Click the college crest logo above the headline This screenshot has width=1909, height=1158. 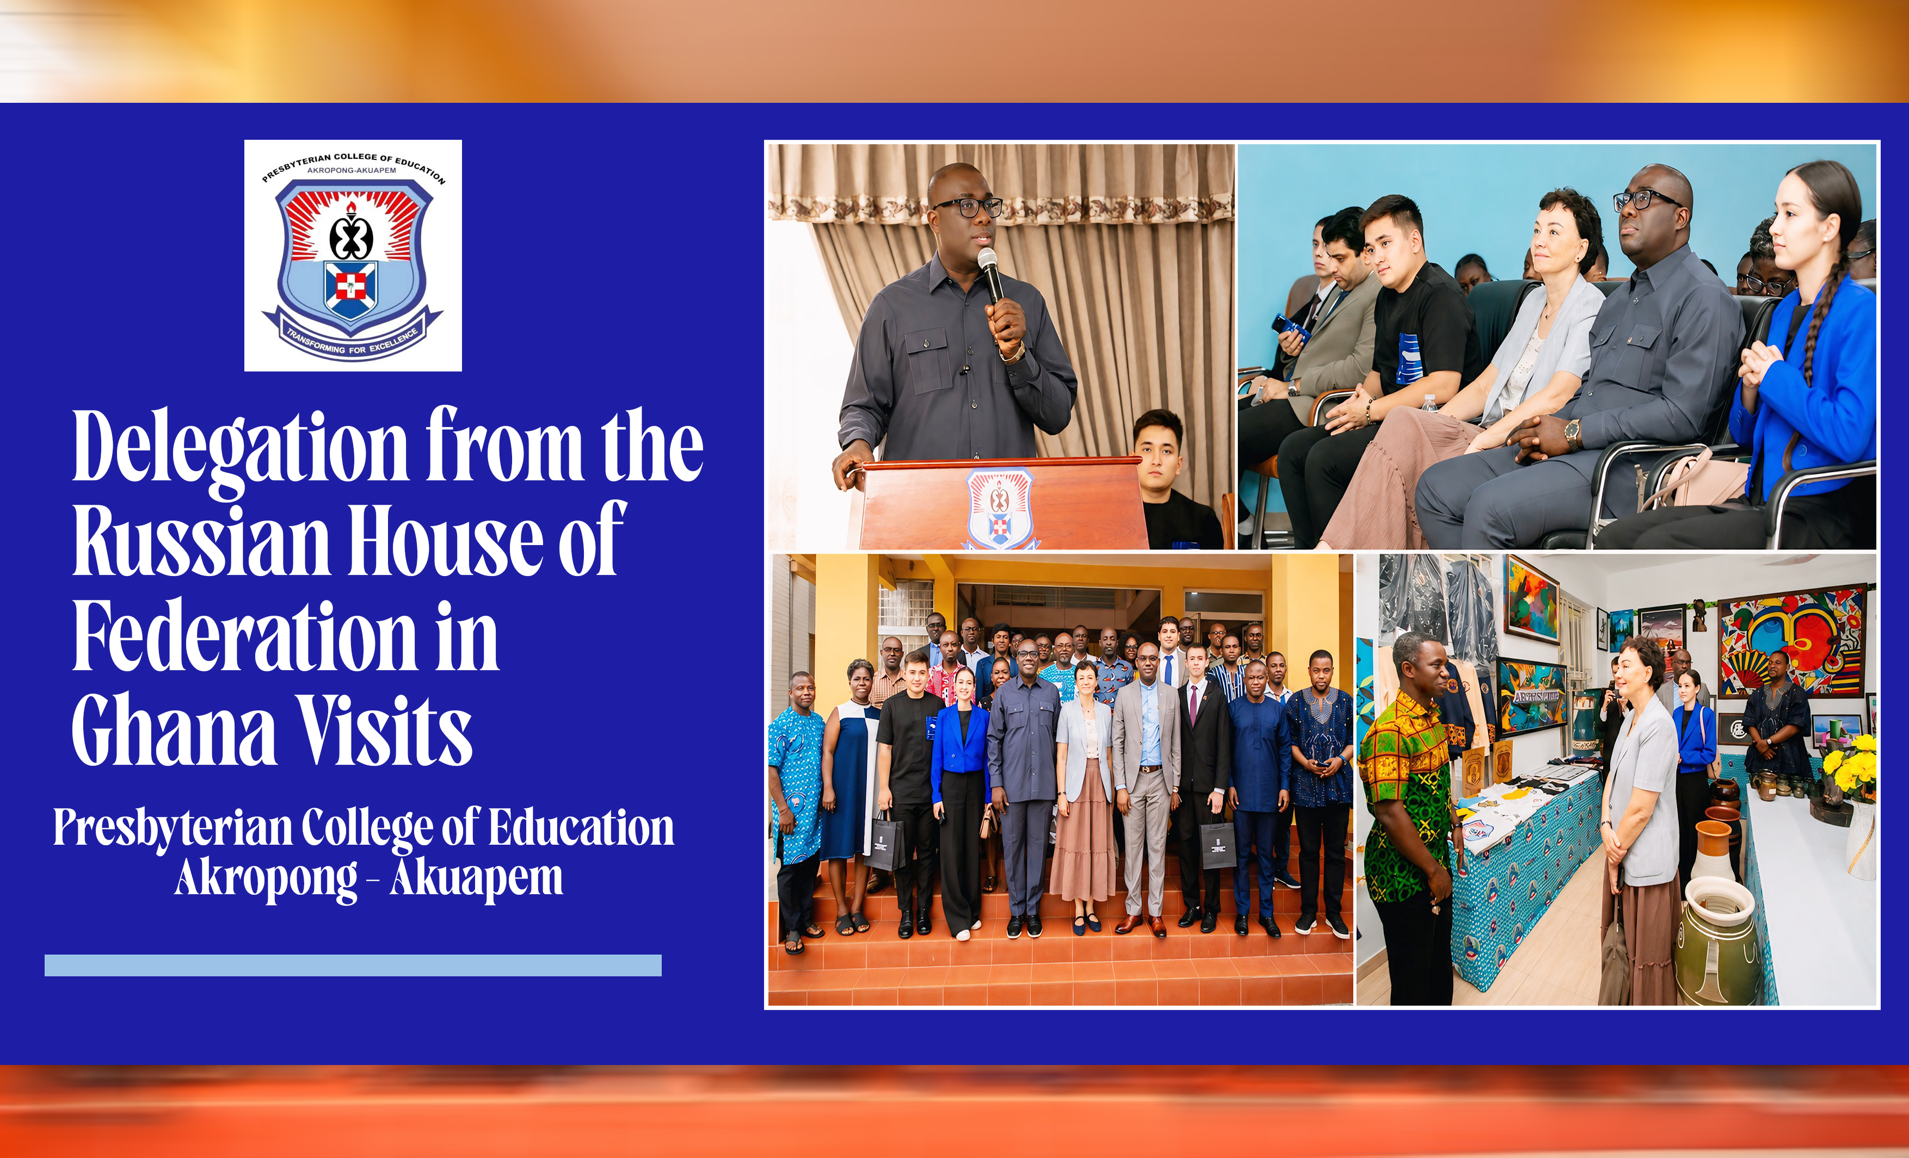353,256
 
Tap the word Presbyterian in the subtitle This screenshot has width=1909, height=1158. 173,829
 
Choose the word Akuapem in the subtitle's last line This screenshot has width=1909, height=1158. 477,877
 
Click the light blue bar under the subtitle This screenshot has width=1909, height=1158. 353,965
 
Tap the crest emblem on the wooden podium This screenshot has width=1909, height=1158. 1000,507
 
